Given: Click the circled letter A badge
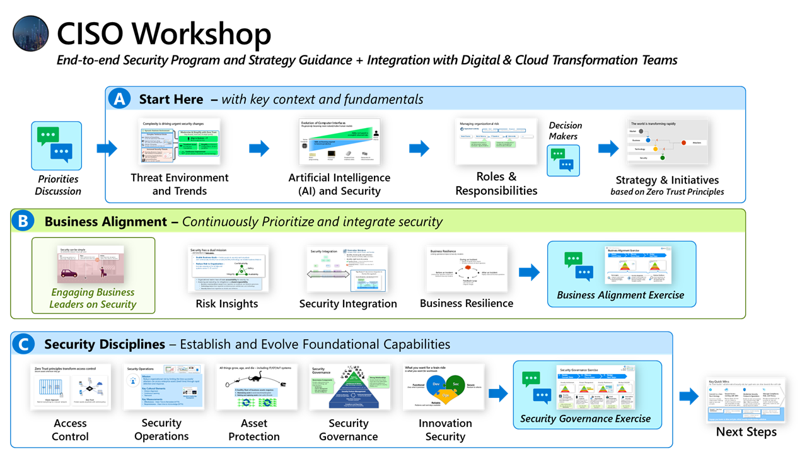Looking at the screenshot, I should tap(119, 99).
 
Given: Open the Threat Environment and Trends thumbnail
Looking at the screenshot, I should tap(180, 142).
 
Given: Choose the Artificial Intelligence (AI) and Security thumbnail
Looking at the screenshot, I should tap(339, 142).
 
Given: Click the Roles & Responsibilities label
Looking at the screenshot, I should tap(496, 183).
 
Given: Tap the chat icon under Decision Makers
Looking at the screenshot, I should tap(562, 160).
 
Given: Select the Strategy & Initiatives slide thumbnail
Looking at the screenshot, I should tap(666, 142).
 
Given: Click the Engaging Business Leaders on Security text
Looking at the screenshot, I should tap(93, 298).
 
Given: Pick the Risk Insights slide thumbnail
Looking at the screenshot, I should tap(228, 269).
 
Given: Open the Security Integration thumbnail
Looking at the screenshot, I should tap(347, 269).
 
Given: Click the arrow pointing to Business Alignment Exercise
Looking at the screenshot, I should tap(529, 272).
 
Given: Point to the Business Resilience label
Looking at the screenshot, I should tap(467, 303).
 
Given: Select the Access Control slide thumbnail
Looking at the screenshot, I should tap(70, 387).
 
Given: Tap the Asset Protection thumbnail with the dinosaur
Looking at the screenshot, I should tap(253, 387).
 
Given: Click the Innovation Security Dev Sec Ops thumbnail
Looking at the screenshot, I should tap(444, 387).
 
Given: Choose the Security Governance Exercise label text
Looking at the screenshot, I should tap(585, 418).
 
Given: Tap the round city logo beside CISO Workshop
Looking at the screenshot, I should tap(31, 33).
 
